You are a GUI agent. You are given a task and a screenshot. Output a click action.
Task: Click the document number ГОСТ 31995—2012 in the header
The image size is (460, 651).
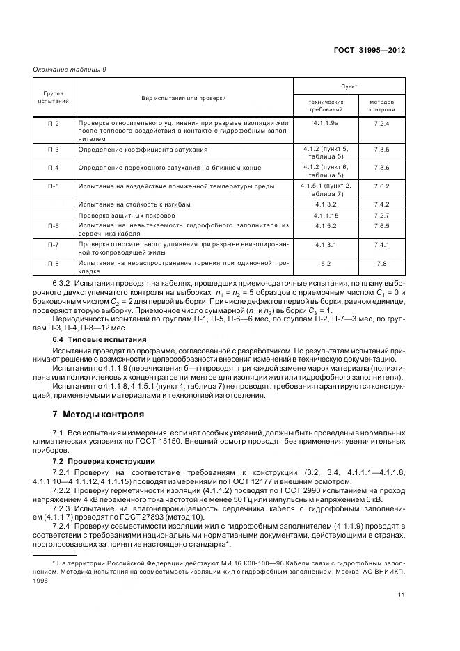pos(370,51)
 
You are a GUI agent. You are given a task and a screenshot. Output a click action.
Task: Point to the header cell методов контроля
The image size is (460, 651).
pos(382,105)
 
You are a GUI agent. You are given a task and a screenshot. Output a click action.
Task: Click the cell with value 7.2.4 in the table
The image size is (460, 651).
pos(382,123)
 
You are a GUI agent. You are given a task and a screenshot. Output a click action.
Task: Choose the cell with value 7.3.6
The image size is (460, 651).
pos(382,168)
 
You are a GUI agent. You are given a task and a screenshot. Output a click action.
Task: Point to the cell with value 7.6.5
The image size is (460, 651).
pos(382,226)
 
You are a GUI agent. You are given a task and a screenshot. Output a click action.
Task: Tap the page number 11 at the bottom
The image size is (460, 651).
pos(402,594)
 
